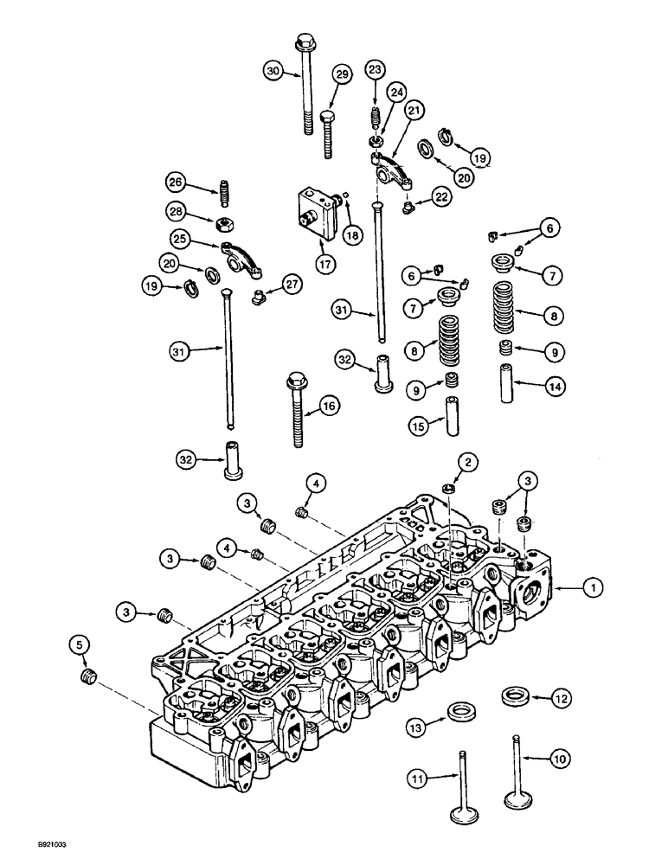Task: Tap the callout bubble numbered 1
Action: point(592,588)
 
